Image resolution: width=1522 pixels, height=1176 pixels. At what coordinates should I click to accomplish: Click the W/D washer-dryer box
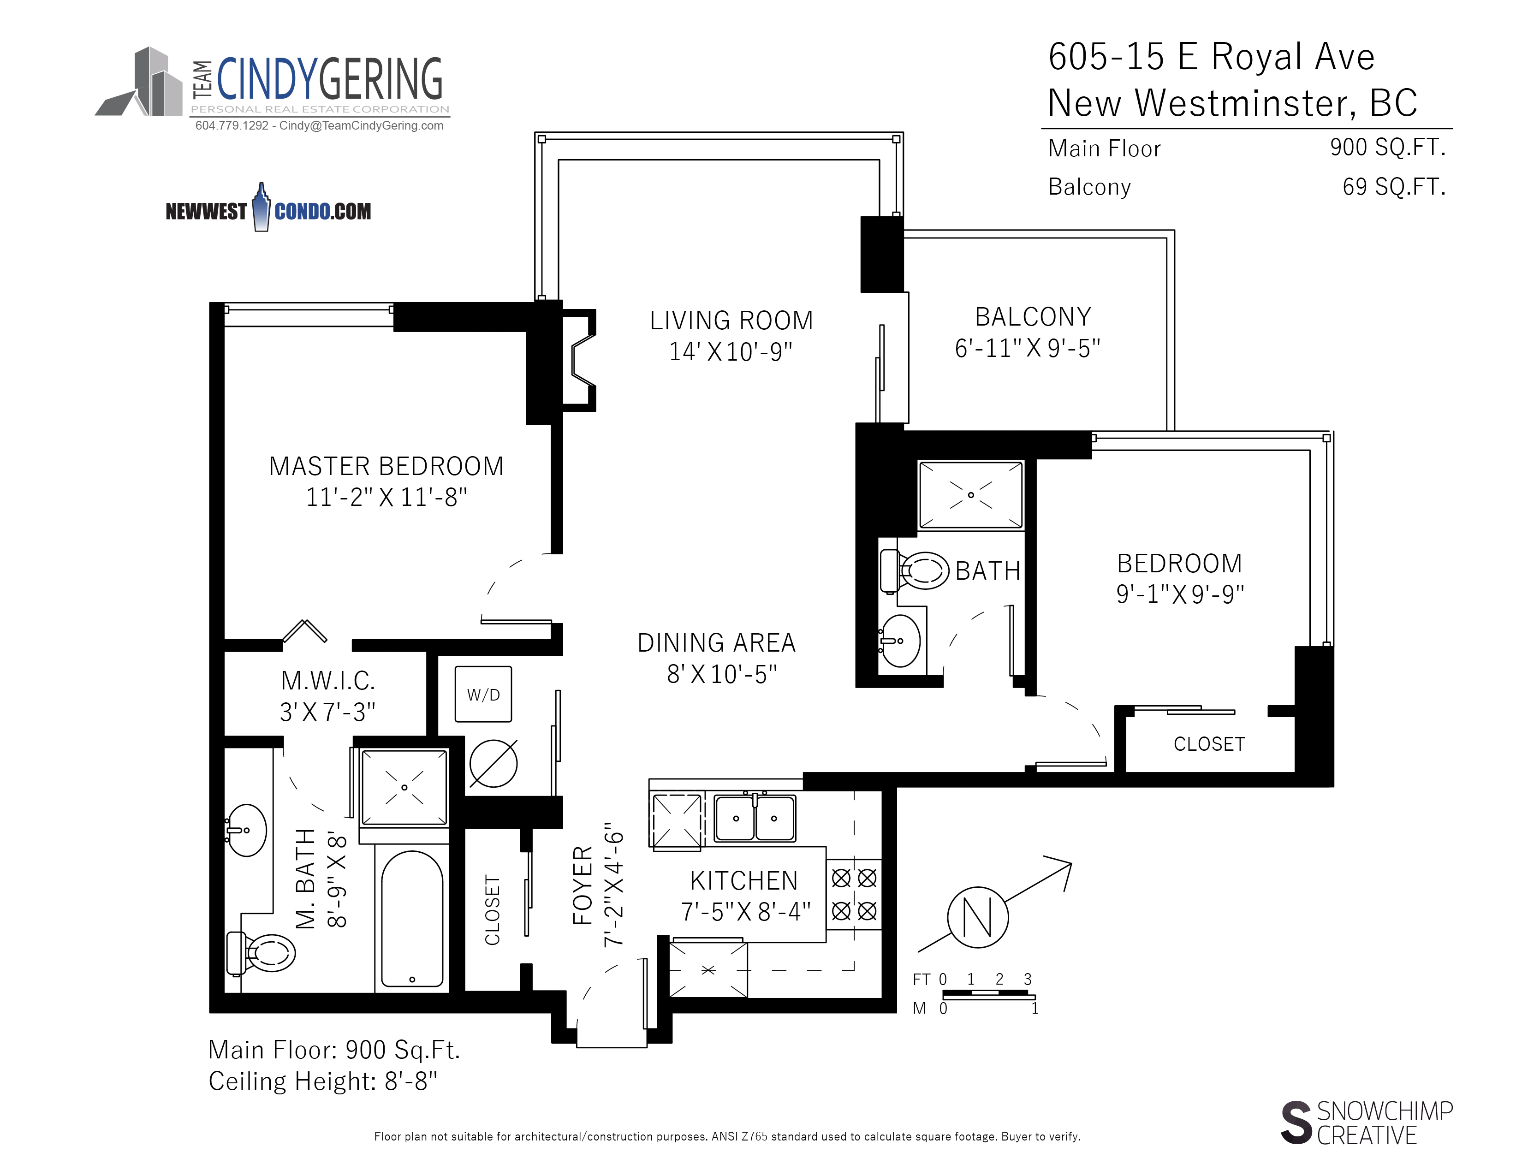coord(483,694)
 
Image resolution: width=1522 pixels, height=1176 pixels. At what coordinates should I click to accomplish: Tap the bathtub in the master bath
coord(413,918)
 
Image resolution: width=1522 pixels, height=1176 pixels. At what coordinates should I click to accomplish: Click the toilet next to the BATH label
coord(914,570)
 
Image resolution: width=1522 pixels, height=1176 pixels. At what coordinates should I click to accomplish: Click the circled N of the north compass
coord(978,917)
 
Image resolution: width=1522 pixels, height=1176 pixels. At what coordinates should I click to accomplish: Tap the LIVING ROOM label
coord(731,321)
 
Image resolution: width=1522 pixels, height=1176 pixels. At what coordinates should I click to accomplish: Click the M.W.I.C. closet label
coord(327,680)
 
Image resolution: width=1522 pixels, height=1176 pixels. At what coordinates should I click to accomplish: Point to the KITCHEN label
coord(743,880)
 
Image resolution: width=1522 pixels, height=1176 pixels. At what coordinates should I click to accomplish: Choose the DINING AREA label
coord(716,642)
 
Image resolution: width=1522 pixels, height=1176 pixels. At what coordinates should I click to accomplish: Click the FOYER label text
coord(583,885)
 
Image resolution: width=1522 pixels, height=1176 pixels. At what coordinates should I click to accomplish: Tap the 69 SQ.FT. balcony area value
coord(1394,187)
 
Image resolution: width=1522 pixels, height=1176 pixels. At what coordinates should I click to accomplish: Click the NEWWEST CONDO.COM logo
coord(268,208)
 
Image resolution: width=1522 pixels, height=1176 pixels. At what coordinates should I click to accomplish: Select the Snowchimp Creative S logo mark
coord(1296,1123)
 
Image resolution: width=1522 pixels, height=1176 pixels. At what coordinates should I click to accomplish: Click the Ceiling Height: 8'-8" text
coord(323,1081)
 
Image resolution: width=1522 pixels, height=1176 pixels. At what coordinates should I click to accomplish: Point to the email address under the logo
coord(361,125)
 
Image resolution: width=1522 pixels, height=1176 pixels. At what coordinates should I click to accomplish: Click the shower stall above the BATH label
coord(971,495)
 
